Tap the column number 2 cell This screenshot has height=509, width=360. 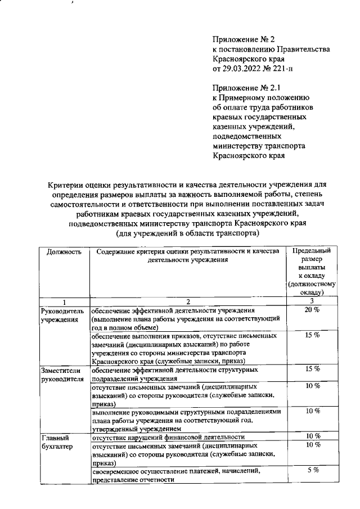pyautogui.click(x=188, y=301)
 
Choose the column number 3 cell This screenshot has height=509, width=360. pyautogui.click(x=311, y=301)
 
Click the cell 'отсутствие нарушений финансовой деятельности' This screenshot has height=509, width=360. pyautogui.click(x=168, y=436)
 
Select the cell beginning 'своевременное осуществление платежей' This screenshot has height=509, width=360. pyautogui.click(x=175, y=475)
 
